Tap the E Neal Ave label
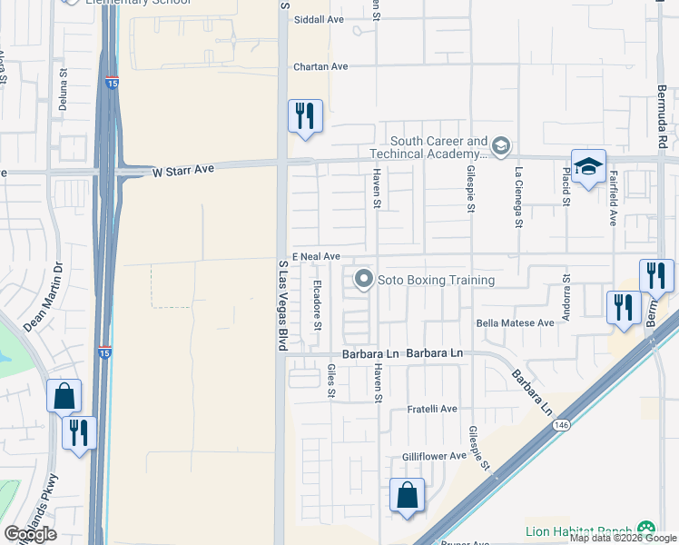point(315,257)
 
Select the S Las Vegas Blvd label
point(282,304)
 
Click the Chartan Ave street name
point(320,66)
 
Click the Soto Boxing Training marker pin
point(364,279)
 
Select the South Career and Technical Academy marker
point(500,145)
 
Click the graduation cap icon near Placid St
point(588,167)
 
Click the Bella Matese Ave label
point(515,322)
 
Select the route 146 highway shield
point(563,424)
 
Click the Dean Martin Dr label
point(45,296)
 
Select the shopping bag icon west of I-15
point(64,396)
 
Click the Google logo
point(31,534)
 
